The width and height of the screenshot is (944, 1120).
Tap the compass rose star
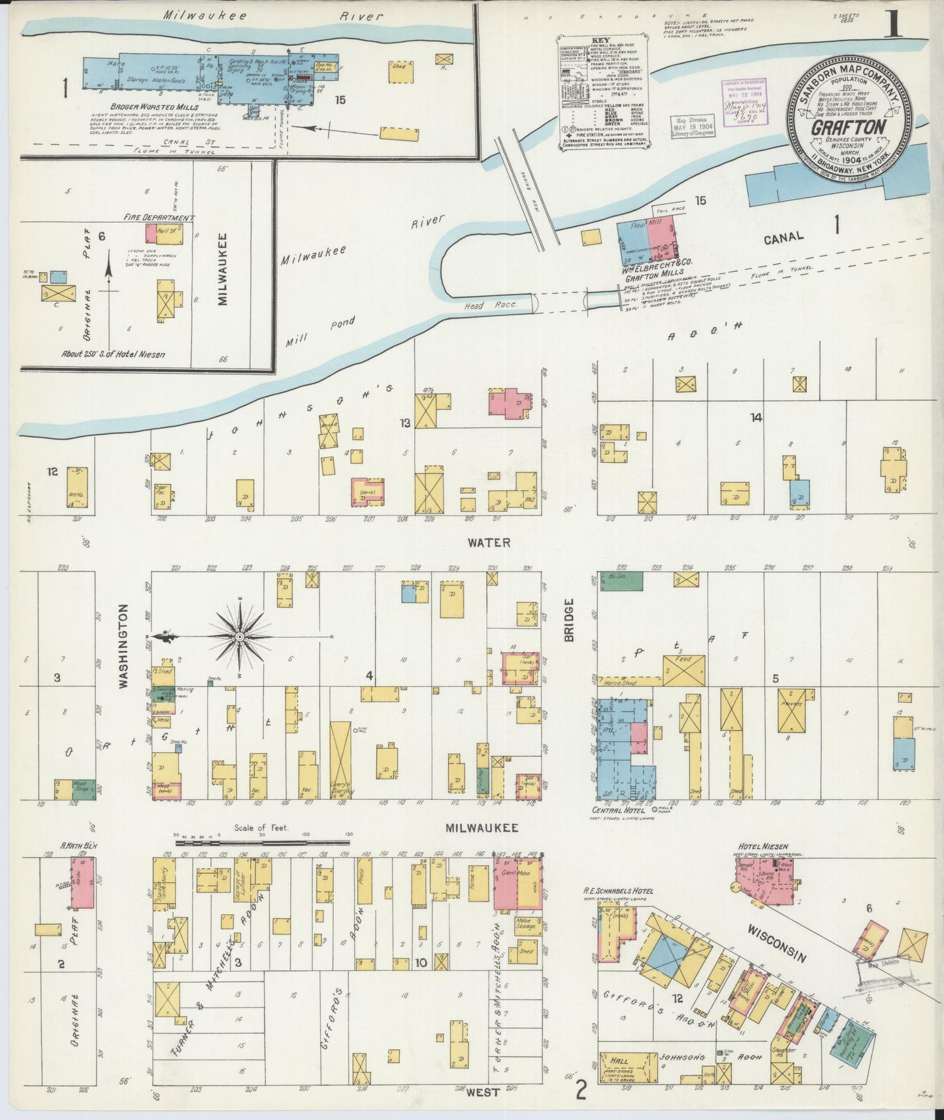[x=239, y=636]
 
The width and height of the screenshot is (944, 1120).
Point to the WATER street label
[x=488, y=542]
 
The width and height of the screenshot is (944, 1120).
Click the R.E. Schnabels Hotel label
[x=617, y=891]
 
